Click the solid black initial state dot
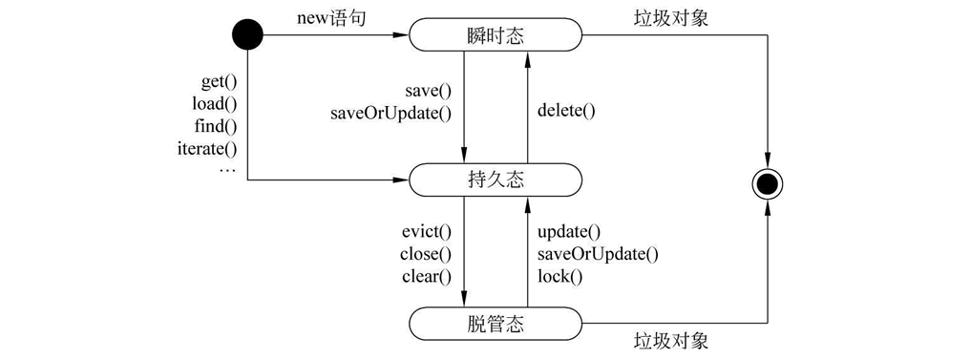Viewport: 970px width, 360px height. click(246, 36)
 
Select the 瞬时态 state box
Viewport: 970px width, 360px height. click(496, 36)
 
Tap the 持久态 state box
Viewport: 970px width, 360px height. click(496, 179)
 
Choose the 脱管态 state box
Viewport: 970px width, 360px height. click(496, 321)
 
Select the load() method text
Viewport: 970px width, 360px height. click(215, 104)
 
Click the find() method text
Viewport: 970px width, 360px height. click(217, 126)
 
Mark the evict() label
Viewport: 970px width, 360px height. click(427, 232)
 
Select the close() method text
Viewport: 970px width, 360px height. click(426, 254)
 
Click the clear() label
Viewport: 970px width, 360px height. click(427, 276)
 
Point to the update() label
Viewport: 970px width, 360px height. click(569, 232)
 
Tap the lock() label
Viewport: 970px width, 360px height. click(560, 276)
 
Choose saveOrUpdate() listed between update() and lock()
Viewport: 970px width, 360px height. click(599, 254)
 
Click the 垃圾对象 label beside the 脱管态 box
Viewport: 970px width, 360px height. click(671, 341)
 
